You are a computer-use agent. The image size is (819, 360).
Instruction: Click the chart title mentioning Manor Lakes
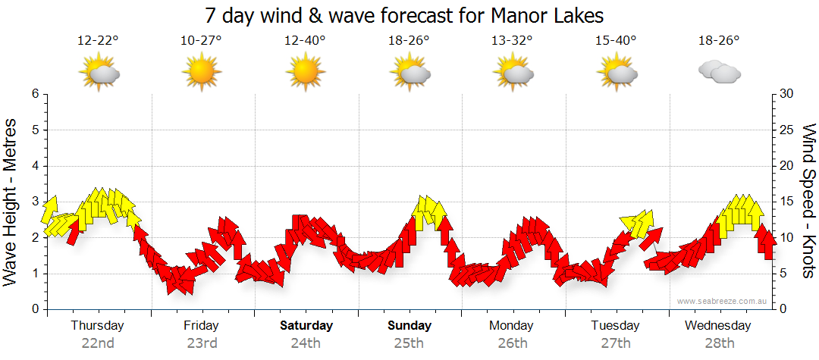click(x=404, y=15)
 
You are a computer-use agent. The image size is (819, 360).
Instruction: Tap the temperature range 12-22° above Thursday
click(x=98, y=40)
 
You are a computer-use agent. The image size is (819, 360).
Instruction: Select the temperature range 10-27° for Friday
click(x=201, y=40)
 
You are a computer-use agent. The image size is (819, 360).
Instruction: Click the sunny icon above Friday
click(x=201, y=73)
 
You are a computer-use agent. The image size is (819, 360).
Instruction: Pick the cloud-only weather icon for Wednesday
click(x=719, y=72)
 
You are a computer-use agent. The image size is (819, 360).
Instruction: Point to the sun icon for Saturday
click(x=305, y=73)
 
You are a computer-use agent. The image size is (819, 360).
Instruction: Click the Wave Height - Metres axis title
click(x=11, y=202)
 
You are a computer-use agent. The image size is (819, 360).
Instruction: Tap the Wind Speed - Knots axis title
click(x=808, y=202)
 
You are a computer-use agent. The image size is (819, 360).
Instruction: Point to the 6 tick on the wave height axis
click(x=35, y=94)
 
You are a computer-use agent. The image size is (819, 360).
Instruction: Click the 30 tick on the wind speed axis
click(x=786, y=94)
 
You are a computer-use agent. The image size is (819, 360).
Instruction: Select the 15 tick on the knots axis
click(x=786, y=202)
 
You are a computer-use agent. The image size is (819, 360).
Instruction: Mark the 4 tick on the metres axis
click(x=35, y=166)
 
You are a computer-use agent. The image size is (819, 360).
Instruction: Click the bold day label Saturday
click(x=306, y=326)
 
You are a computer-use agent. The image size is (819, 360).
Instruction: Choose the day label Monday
click(x=512, y=326)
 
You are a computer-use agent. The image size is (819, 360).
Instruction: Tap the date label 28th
click(x=718, y=343)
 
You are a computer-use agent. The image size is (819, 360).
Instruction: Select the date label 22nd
click(x=98, y=343)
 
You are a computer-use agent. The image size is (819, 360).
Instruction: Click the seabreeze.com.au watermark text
click(x=723, y=301)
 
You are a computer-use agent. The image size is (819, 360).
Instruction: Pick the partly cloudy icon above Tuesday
click(x=616, y=73)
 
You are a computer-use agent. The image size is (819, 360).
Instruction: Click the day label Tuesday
click(x=615, y=326)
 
